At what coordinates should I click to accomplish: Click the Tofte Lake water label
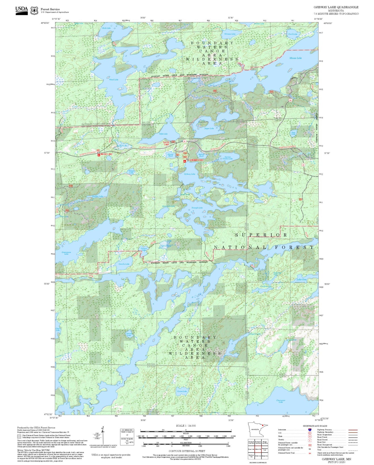[x=163, y=134]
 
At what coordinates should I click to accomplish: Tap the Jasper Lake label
[x=209, y=128]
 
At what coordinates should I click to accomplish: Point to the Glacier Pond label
[x=170, y=155]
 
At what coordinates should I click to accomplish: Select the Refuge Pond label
[x=201, y=155]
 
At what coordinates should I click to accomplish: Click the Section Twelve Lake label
[x=228, y=158]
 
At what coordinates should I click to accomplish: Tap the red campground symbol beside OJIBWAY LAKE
[x=185, y=161]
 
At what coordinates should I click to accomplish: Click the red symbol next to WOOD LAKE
[x=99, y=155]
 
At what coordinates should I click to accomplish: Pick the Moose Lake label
[x=295, y=58]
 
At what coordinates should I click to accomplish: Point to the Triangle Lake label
[x=197, y=208]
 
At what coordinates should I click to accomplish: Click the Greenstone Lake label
[x=66, y=253]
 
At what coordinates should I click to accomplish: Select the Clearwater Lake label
[x=281, y=401]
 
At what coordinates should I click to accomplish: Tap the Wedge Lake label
[x=131, y=172]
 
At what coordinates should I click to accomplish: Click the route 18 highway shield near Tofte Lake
[x=185, y=141]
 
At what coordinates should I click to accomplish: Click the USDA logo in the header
[x=21, y=10]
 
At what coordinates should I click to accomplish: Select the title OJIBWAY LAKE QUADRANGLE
[x=336, y=7]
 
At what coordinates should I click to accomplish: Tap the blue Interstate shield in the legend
[x=310, y=429]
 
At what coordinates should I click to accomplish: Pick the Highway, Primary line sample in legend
[x=353, y=430]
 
